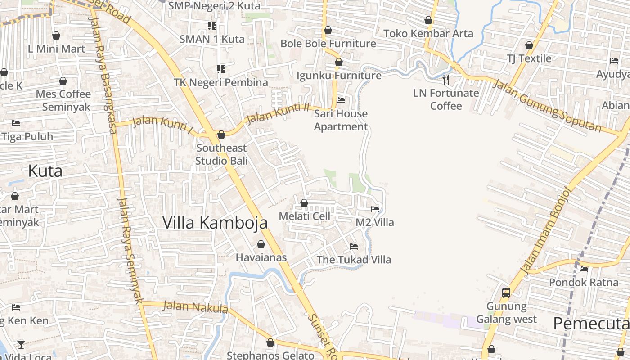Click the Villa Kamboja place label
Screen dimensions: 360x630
(x=215, y=223)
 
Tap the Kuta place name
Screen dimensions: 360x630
(x=45, y=171)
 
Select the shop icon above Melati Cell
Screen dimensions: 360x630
(x=304, y=203)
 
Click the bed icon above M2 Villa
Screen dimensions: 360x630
(x=374, y=209)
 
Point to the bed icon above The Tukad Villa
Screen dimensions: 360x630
(x=354, y=247)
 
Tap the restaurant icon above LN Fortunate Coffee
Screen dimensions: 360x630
(x=446, y=80)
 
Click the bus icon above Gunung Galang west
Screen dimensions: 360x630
(x=506, y=293)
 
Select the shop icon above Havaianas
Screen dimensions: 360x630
(x=261, y=244)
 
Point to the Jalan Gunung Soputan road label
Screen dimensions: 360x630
(x=546, y=105)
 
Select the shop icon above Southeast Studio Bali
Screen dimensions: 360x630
(x=221, y=135)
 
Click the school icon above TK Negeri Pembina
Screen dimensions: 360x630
(x=221, y=69)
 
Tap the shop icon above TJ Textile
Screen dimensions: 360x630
(x=529, y=45)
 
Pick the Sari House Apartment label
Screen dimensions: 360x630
(x=341, y=120)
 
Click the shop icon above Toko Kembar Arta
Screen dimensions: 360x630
(x=428, y=20)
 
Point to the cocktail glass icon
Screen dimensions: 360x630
(x=21, y=345)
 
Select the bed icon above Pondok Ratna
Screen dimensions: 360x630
(x=584, y=269)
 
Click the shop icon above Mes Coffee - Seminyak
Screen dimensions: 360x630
(x=63, y=81)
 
